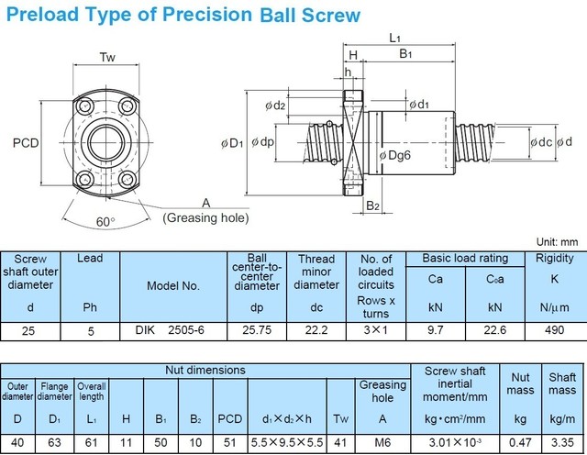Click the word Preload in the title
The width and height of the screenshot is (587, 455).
point(43,15)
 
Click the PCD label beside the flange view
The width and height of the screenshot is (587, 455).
point(27,143)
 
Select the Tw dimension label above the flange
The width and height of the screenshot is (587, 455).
point(106,58)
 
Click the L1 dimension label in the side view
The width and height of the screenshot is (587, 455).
point(394,38)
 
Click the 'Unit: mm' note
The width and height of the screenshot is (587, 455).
point(559,242)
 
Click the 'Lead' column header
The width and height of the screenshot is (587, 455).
point(90,259)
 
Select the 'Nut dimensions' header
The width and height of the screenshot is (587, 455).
point(205,370)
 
